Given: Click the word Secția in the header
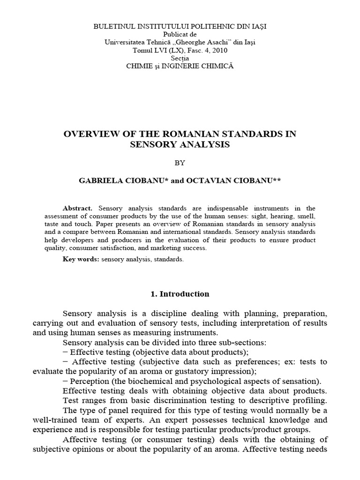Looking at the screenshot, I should tap(180, 59).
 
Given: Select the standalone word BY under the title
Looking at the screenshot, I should tap(180, 163).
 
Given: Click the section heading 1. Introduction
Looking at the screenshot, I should tap(180, 294).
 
